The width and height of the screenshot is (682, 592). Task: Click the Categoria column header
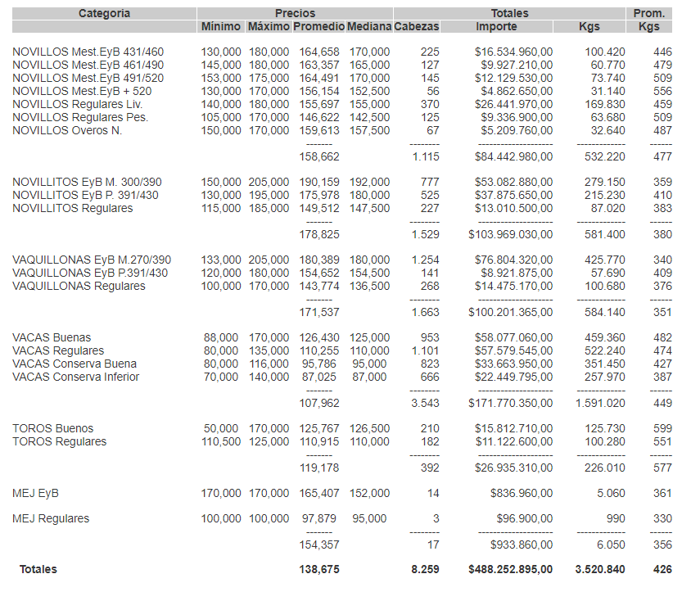click(x=104, y=13)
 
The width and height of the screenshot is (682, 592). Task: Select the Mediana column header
click(x=368, y=26)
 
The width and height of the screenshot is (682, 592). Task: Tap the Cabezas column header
click(x=416, y=26)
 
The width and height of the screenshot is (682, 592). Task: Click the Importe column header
click(x=496, y=26)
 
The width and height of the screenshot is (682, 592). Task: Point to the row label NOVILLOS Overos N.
click(x=67, y=130)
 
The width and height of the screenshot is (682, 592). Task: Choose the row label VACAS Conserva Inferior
click(x=75, y=377)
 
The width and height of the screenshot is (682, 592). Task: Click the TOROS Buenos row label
click(x=52, y=428)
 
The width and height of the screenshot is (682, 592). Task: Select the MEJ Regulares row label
click(x=51, y=518)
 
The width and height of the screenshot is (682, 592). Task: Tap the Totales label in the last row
click(x=38, y=569)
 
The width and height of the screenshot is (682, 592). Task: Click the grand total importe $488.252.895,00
click(x=510, y=569)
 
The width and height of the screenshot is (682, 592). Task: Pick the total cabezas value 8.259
click(x=425, y=569)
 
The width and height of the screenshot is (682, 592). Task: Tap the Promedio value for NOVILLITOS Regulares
click(x=316, y=208)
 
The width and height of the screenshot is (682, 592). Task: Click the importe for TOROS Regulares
click(x=513, y=441)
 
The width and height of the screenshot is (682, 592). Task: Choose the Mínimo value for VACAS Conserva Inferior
click(x=221, y=377)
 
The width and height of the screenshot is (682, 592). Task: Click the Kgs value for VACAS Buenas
click(x=605, y=337)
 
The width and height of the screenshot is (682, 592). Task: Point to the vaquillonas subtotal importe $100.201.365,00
click(x=510, y=312)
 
